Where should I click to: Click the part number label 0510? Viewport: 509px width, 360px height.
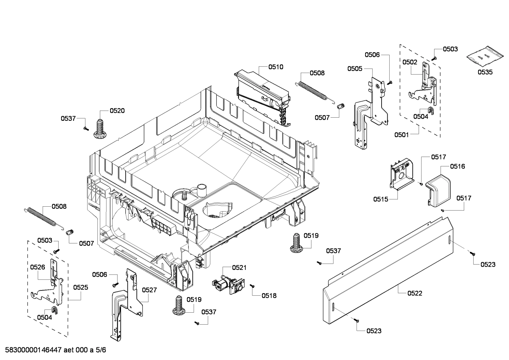coord(275,67)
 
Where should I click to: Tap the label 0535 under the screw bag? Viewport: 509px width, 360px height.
coord(485,72)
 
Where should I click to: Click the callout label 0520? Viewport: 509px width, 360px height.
coord(117,111)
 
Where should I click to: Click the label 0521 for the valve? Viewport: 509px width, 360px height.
coord(239,268)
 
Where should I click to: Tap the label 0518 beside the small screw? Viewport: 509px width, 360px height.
coord(269,296)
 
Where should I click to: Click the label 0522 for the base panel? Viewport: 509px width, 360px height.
coord(414,293)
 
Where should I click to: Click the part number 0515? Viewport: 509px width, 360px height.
coord(381,199)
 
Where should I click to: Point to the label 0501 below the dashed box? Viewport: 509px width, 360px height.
coord(402,135)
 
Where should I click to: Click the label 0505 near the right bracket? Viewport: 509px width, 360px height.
coord(354,69)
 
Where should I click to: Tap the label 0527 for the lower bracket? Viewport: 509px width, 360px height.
coord(149,290)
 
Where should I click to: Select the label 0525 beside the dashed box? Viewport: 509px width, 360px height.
coord(80,287)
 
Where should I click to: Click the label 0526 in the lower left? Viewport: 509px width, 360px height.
coord(37,267)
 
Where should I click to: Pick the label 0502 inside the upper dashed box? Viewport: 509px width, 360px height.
coord(410,62)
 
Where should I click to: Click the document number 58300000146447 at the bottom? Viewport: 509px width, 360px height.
coord(32,350)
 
